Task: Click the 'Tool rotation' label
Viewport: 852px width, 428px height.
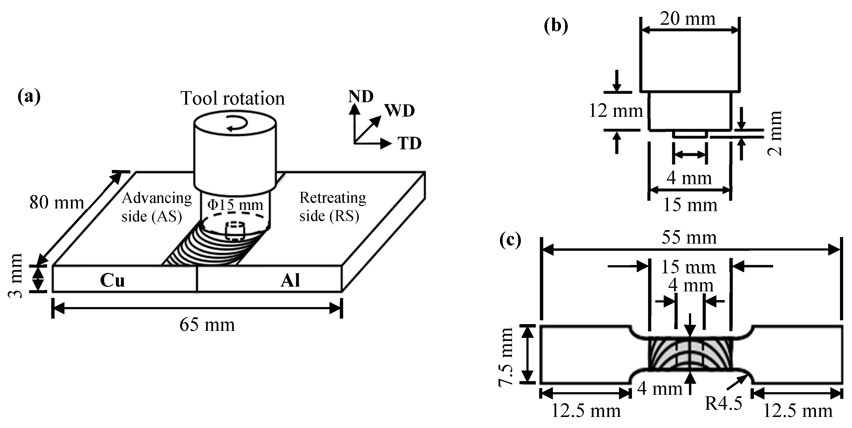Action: (232, 98)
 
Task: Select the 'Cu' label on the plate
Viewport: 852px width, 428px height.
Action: (113, 280)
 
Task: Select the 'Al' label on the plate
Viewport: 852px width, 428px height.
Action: (290, 280)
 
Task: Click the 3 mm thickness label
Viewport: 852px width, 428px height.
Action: (15, 276)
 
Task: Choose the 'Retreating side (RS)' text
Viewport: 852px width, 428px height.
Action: (332, 207)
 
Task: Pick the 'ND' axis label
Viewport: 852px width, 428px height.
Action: (360, 97)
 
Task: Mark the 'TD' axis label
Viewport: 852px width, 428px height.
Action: (410, 144)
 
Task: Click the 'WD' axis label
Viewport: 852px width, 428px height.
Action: (399, 111)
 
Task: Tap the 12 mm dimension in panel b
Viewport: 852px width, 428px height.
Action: (616, 111)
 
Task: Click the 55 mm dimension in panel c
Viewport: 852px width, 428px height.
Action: (689, 238)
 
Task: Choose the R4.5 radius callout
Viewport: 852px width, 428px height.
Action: (723, 403)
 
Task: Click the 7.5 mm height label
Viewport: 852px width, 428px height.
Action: (505, 357)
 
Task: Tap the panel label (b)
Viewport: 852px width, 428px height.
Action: (556, 26)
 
